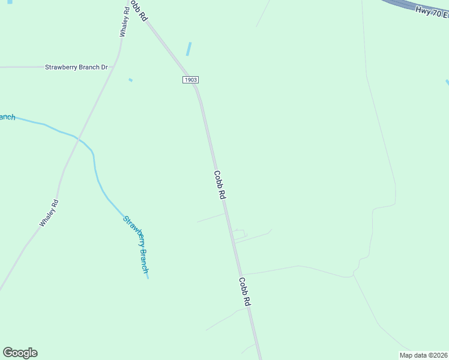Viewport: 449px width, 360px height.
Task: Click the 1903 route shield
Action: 190,80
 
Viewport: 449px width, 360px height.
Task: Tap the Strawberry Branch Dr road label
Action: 76,67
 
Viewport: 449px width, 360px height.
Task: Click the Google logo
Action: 20,353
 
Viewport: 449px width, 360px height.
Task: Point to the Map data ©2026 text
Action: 424,355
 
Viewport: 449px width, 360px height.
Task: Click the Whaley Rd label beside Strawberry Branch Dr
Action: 124,23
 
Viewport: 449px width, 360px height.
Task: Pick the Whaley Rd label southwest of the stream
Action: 49,213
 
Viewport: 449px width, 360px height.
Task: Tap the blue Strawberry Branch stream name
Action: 136,244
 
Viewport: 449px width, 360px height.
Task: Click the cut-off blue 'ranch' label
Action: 7,117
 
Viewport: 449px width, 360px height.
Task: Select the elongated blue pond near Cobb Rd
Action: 189,49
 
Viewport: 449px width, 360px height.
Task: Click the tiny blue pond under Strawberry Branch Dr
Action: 130,80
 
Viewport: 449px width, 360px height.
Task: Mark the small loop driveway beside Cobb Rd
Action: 239,234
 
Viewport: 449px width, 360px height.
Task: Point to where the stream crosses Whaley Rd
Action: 77,137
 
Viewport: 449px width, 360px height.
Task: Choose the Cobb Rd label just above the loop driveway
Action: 220,185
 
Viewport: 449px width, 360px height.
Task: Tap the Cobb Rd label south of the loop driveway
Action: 244,292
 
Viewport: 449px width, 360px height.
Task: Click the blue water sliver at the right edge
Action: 447,82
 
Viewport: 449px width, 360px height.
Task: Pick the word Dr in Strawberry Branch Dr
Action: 104,67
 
